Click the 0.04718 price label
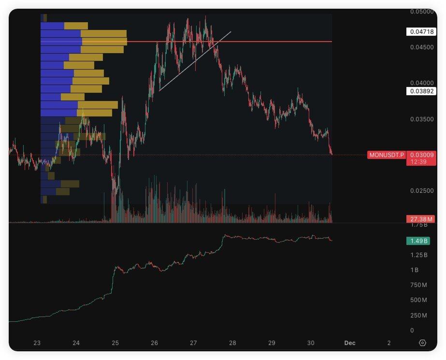[x=421, y=32]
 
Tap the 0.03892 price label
[x=421, y=91]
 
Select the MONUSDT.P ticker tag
[x=387, y=155]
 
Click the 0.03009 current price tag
[x=421, y=155]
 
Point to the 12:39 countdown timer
[x=418, y=162]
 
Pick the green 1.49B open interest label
[x=418, y=241]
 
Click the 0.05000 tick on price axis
[x=421, y=11]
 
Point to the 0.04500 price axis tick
[x=421, y=47]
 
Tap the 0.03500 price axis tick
[x=421, y=119]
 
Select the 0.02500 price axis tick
[x=421, y=191]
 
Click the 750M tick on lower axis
[x=418, y=285]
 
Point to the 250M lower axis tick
[x=418, y=316]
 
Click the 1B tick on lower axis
[x=415, y=270]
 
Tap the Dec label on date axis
[x=350, y=343]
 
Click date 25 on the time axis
[x=115, y=343]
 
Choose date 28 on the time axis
[x=232, y=343]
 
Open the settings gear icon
[x=422, y=343]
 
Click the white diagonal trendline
[x=195, y=61]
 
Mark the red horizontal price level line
[x=271, y=42]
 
